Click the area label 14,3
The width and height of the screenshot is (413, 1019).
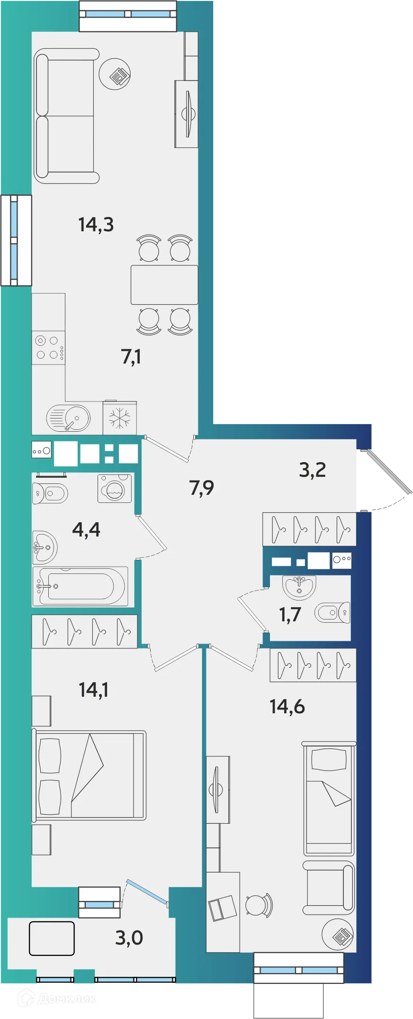(x=96, y=224)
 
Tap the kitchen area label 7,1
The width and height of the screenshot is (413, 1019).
(x=131, y=356)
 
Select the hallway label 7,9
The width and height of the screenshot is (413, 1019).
(x=201, y=487)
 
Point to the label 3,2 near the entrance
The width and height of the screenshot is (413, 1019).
(x=312, y=470)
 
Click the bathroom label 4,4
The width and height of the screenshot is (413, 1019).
(x=86, y=529)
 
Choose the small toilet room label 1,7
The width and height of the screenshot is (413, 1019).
(x=290, y=615)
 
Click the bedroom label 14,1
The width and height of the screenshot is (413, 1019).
(x=93, y=690)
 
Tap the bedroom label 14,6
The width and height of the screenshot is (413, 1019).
(x=287, y=707)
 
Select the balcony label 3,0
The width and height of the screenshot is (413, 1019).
(x=129, y=937)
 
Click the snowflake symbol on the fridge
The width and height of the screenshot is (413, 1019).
(x=119, y=418)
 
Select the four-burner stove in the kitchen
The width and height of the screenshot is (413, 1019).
(x=48, y=347)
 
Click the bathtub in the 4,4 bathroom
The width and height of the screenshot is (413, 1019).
(x=81, y=586)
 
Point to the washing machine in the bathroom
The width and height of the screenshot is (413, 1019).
(x=114, y=489)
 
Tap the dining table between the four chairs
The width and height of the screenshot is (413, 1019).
(x=164, y=284)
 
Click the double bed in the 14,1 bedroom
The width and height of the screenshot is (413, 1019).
(x=90, y=775)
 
